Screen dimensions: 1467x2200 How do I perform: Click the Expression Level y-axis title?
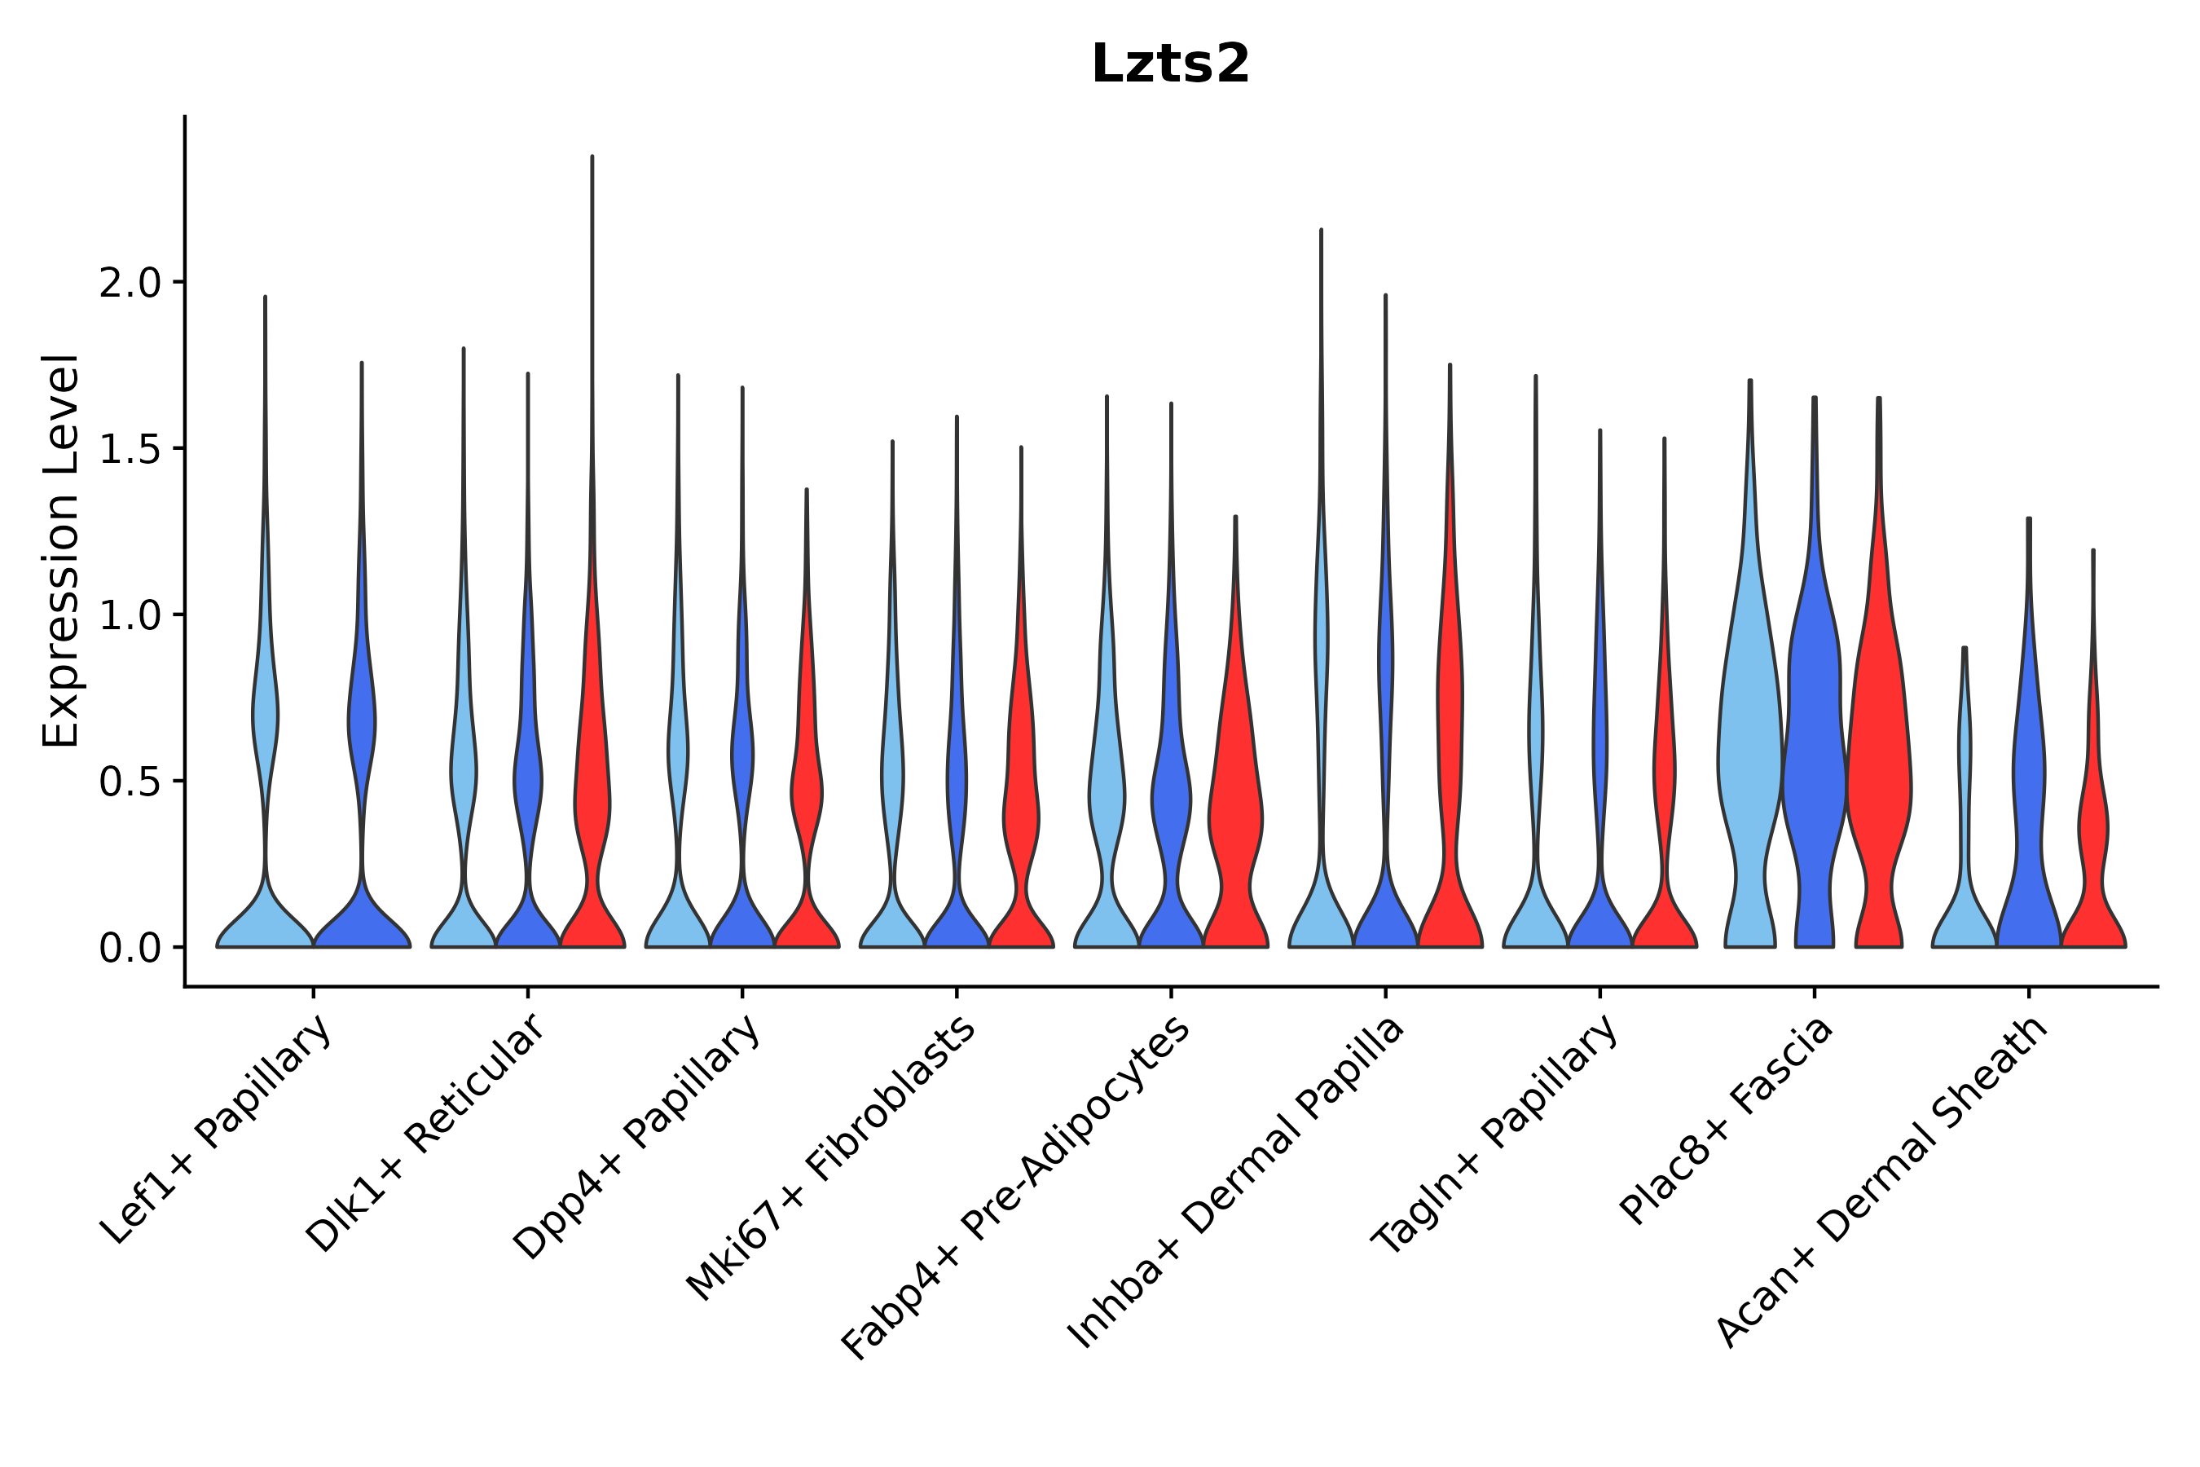point(61,550)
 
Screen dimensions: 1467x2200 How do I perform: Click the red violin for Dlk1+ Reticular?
point(592,795)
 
